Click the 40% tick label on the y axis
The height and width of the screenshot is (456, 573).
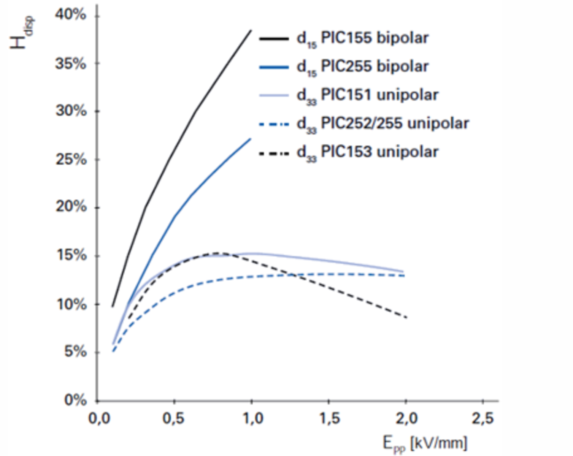pyautogui.click(x=70, y=15)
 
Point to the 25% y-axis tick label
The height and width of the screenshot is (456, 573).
pyautogui.click(x=71, y=160)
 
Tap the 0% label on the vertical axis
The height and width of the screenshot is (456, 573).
pyautogui.click(x=75, y=400)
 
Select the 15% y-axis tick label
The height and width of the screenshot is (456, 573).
pyautogui.click(x=71, y=256)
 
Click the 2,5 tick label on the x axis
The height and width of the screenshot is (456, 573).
pyautogui.click(x=483, y=418)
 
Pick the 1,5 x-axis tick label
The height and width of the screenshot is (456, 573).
pyautogui.click(x=329, y=418)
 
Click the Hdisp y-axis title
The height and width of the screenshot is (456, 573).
pyautogui.click(x=21, y=33)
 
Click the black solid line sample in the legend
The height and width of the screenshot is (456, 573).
pyautogui.click(x=274, y=39)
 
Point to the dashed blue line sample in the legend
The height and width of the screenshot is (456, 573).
pyautogui.click(x=274, y=124)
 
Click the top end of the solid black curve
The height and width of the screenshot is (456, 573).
pyautogui.click(x=251, y=30)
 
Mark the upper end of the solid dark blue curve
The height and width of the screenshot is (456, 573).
pyautogui.click(x=251, y=139)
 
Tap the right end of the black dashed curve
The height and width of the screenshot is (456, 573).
pyautogui.click(x=406, y=317)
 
